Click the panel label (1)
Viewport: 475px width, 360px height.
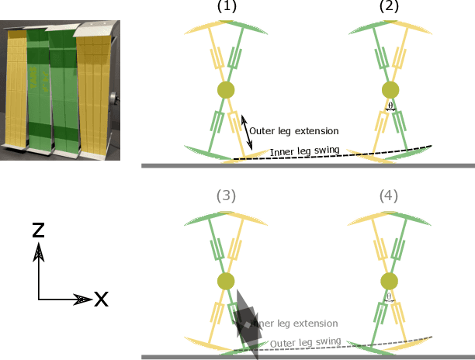click(227, 6)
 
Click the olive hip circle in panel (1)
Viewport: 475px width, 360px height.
click(227, 89)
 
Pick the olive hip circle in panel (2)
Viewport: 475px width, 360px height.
click(390, 89)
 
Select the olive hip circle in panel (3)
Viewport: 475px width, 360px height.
click(227, 281)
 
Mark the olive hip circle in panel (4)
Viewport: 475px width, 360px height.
click(390, 281)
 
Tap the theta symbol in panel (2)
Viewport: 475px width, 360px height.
click(390, 106)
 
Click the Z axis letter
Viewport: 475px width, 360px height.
click(39, 230)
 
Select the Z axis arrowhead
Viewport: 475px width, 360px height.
click(38, 251)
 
